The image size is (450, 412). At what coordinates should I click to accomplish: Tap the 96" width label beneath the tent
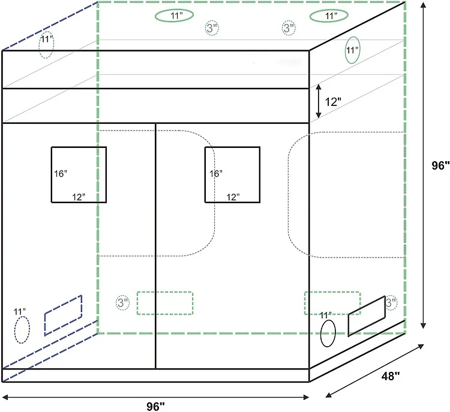tap(155, 406)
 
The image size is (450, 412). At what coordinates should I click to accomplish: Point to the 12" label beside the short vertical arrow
tap(332, 102)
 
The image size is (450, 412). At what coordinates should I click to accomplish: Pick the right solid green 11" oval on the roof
tap(329, 16)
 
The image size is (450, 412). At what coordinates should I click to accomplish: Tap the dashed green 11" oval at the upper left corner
tap(47, 46)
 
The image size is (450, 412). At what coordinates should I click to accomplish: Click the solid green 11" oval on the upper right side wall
tap(352, 50)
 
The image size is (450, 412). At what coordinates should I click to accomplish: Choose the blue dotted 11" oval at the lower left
tap(22, 329)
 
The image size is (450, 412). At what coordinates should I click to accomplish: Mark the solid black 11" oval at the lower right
tap(328, 333)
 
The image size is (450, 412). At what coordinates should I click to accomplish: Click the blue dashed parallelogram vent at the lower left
tap(63, 315)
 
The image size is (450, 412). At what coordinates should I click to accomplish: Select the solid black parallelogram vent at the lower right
tap(366, 316)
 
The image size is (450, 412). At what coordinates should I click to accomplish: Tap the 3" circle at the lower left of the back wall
tap(122, 303)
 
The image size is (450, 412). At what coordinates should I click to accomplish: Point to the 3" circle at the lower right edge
tap(391, 303)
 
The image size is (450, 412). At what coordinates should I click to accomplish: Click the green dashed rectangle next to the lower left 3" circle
tap(165, 303)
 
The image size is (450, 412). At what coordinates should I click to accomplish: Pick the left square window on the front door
tap(79, 174)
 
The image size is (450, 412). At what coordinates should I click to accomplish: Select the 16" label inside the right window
tap(216, 174)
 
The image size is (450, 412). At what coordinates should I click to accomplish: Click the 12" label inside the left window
tap(79, 196)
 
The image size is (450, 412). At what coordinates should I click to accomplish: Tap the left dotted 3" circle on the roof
tap(211, 28)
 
